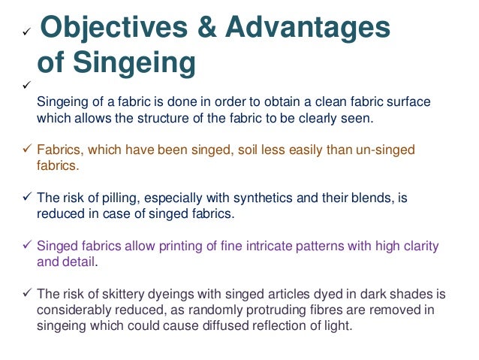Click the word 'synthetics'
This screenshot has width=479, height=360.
pyautogui.click(x=251, y=198)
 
